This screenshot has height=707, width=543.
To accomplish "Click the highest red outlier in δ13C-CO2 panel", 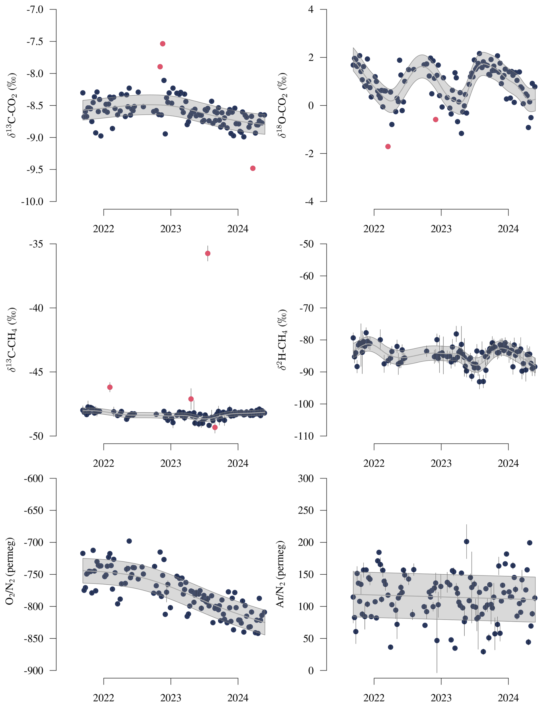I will tap(162, 44).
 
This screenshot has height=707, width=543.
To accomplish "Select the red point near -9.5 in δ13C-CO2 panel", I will tap(253, 168).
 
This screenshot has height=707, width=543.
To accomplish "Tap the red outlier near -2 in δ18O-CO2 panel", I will tap(388, 146).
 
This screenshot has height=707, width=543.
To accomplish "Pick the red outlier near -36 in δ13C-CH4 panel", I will tap(207, 253).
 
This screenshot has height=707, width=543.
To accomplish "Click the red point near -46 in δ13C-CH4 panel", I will tap(110, 387).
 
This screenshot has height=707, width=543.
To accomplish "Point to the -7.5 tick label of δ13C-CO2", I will tap(35, 41).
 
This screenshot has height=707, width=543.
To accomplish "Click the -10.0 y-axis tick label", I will tap(32, 202).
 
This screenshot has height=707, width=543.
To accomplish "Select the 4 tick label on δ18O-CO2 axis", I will tap(311, 9).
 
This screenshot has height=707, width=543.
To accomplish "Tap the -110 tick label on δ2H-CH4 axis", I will tap(304, 436).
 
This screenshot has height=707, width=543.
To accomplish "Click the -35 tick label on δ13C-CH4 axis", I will tap(36, 244).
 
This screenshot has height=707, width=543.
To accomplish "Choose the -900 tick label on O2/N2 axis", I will tap(34, 671).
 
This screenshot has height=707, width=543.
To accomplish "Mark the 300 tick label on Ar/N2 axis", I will tap(306, 478).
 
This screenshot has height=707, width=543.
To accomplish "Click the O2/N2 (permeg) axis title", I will tap(10, 574).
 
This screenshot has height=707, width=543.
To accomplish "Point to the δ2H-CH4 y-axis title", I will tap(282, 340).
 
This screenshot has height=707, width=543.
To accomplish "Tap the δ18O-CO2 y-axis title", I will tap(282, 105).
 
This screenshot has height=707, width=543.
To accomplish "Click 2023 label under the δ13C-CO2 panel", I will tap(171, 229).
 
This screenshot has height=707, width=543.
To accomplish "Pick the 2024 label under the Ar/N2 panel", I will tap(508, 698).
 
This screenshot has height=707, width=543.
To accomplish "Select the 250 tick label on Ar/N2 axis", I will tap(306, 510).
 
